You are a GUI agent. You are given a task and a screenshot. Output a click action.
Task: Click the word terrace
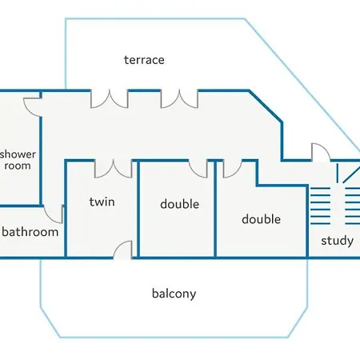144,60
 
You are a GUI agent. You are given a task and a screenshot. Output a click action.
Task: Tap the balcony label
174,294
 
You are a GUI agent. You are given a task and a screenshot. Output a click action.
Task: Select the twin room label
102,202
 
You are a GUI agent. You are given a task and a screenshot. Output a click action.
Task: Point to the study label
337,241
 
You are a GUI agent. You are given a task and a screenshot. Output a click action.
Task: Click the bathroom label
30,232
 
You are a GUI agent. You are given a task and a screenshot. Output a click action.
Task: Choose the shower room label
18,160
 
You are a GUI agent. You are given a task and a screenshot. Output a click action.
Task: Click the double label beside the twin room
179,204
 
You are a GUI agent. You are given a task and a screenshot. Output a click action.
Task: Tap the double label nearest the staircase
261,219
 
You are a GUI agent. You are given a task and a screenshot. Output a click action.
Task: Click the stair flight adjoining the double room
320,206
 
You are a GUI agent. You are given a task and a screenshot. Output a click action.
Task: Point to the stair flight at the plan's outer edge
353,206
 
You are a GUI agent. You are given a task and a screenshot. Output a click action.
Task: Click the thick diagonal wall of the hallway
266,106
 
